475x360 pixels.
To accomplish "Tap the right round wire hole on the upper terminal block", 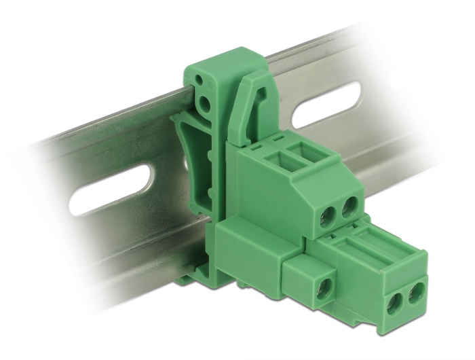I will point(350,204).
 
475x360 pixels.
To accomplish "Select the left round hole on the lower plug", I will point(396,304).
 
